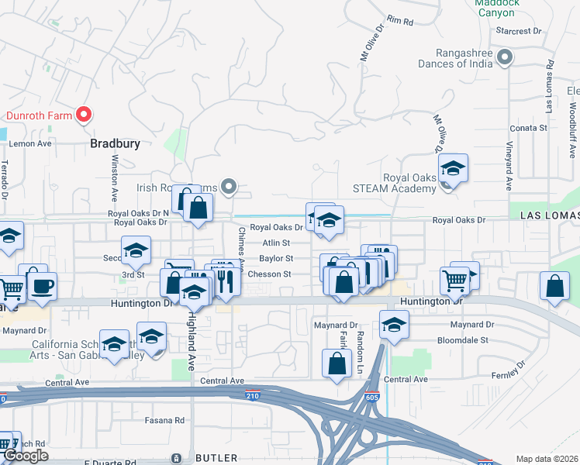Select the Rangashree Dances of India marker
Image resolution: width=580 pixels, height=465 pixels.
point(506,57)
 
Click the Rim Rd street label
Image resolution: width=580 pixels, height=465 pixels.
point(400,19)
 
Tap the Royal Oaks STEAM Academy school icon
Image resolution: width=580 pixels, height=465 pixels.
point(452,169)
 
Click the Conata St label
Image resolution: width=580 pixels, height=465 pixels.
point(528,128)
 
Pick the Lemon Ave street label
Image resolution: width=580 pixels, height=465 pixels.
point(30,143)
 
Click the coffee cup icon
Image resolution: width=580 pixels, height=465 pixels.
point(43,285)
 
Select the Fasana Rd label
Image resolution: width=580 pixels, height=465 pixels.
point(164,420)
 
